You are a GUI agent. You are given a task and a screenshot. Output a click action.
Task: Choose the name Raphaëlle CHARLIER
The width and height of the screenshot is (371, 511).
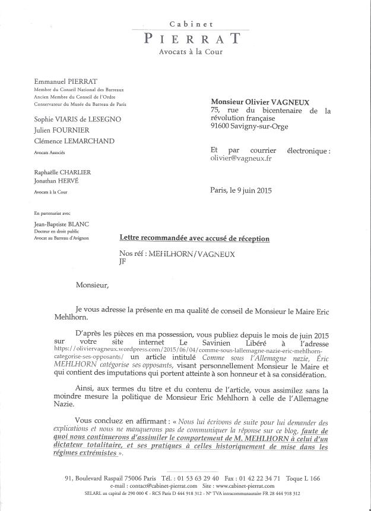(x=62, y=173)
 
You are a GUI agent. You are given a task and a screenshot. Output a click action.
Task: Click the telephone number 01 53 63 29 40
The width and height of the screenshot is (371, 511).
(x=196, y=478)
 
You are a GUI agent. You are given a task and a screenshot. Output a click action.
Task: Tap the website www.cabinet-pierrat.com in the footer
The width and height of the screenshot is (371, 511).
(x=234, y=485)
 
